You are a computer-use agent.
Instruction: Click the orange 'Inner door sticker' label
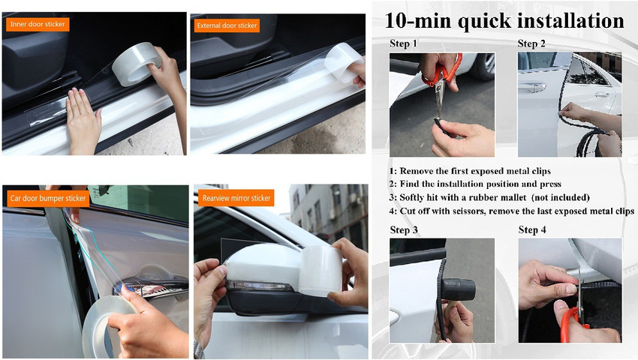[x=38, y=25]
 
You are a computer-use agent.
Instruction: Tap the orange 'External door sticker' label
[x=227, y=25]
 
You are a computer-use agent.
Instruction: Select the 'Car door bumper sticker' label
[x=47, y=199]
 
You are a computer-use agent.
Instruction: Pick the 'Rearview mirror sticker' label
[x=236, y=198]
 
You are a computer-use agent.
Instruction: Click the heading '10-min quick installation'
[x=504, y=20]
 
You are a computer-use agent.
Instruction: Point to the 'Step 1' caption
[x=403, y=43]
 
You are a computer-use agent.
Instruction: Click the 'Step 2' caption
[x=531, y=43]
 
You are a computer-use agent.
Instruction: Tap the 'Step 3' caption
[x=404, y=229]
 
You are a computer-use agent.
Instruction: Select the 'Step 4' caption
[x=532, y=229]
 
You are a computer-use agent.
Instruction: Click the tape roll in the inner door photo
[x=137, y=64]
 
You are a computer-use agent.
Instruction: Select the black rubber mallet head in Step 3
[x=458, y=289]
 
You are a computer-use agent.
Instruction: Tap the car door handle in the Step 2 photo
[x=532, y=87]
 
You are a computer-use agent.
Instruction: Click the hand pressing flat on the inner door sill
[x=83, y=120]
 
